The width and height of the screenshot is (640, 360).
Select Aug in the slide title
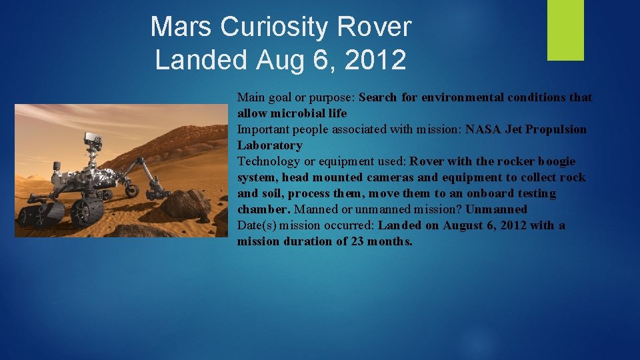(279, 60)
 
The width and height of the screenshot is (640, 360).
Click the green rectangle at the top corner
(565, 30)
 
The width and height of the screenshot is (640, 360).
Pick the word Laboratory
(269, 145)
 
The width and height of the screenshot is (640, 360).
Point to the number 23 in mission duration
(357, 241)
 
